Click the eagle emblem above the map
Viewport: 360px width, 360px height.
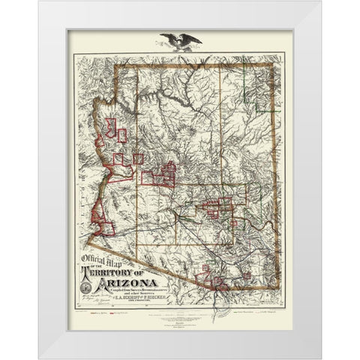[180, 42]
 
